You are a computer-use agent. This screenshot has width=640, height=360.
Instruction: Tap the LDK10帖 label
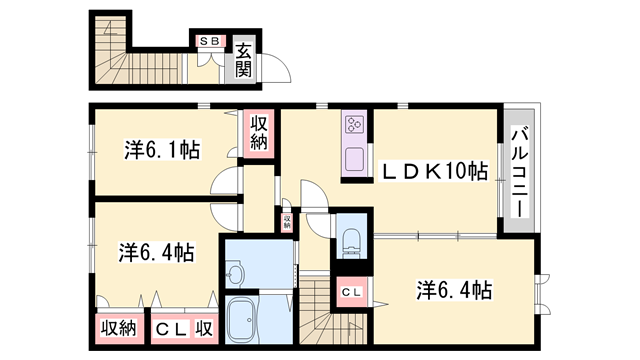(x=432, y=172)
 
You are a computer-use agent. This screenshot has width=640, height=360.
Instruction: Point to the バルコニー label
(x=519, y=168)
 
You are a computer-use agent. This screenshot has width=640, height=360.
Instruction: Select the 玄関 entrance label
(x=243, y=59)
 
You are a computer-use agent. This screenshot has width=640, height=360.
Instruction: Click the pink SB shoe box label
(x=210, y=41)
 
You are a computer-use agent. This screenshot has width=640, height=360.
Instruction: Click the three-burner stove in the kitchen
(x=356, y=125)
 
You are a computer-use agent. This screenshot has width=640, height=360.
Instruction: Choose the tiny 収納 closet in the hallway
(x=286, y=220)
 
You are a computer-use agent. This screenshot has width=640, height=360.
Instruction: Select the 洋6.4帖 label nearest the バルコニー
(x=454, y=290)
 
